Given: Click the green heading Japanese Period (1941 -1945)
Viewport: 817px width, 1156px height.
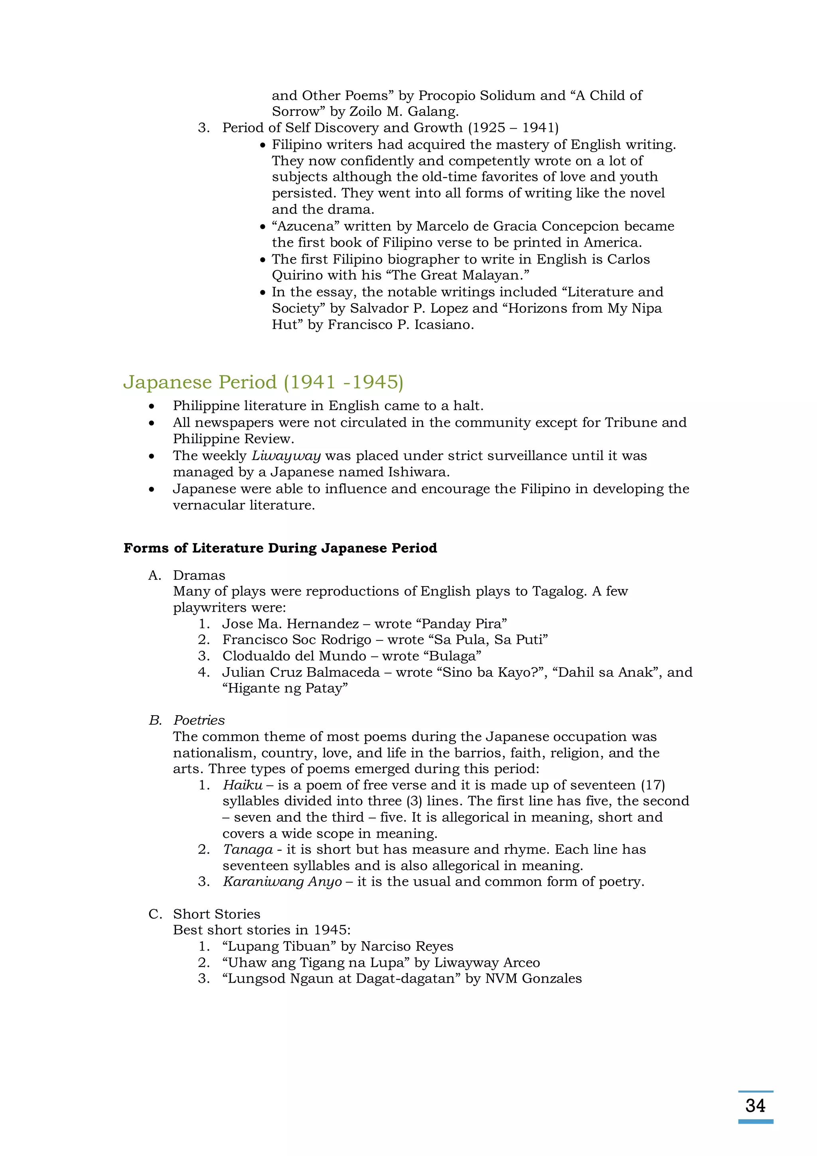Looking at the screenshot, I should (x=263, y=382).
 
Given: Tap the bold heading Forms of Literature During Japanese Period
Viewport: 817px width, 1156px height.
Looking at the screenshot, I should (x=280, y=548).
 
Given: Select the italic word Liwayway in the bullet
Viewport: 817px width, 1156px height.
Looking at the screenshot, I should (x=286, y=456).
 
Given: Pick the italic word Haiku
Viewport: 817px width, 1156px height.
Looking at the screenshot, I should (x=243, y=785).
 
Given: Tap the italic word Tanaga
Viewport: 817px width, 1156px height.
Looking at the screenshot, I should (x=247, y=850).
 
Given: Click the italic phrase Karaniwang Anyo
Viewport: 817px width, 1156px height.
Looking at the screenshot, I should (x=282, y=882).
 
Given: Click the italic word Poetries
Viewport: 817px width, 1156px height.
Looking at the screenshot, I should (x=199, y=720).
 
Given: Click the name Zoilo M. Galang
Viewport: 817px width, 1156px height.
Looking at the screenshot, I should (x=404, y=111).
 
